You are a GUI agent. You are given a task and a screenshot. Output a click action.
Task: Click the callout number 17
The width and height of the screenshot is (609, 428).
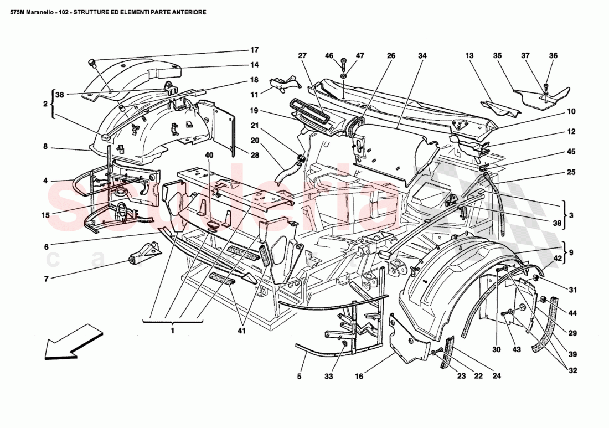click(254, 49)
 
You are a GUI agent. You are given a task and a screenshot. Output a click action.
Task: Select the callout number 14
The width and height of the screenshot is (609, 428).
click(254, 65)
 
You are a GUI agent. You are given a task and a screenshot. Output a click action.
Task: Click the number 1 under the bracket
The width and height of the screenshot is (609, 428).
click(173, 331)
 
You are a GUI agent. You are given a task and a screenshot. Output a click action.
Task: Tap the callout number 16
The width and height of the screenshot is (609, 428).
click(359, 377)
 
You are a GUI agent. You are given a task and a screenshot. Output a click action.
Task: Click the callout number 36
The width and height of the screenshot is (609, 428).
click(553, 55)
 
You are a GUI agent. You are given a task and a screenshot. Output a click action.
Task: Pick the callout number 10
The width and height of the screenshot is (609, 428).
click(571, 111)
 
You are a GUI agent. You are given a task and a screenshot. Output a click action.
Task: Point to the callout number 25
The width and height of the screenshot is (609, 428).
click(571, 172)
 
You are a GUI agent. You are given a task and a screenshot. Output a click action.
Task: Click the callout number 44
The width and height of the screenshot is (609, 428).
click(572, 313)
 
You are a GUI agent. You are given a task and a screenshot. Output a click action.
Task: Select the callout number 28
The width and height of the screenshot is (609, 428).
click(254, 156)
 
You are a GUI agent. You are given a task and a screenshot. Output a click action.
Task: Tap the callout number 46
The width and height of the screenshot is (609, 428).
click(329, 56)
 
